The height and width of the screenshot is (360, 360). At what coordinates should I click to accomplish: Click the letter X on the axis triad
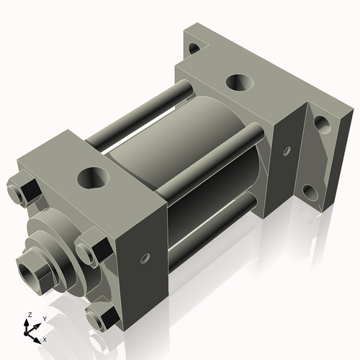point(45,338)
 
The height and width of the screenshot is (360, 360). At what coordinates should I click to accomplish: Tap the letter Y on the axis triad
point(44,318)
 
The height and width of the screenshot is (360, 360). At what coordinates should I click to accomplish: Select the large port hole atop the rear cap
point(238,82)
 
